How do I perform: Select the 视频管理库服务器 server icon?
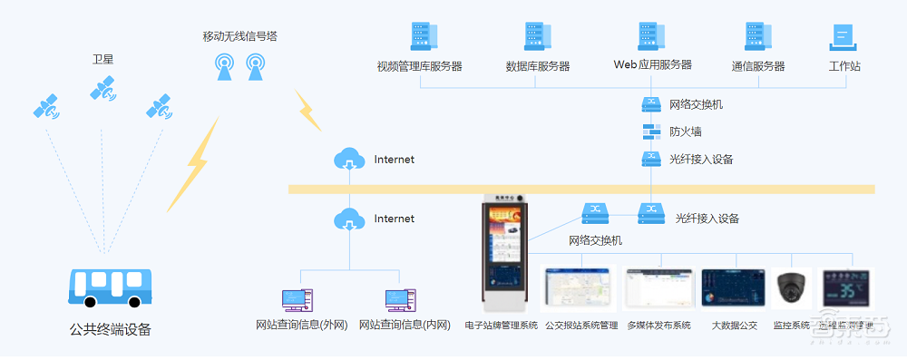point(420,37)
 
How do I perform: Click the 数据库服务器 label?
point(538,66)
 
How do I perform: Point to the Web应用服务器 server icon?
point(649,37)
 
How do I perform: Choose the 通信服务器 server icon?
point(757,37)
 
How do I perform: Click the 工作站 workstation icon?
point(844,37)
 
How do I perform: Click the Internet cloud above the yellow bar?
point(349,160)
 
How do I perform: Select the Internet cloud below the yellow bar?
point(349,219)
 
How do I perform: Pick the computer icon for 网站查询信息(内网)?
point(400,300)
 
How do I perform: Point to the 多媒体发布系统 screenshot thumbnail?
point(658,289)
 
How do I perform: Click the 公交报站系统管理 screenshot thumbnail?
point(579,288)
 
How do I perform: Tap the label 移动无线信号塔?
point(240,36)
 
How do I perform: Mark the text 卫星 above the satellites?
point(102,60)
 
